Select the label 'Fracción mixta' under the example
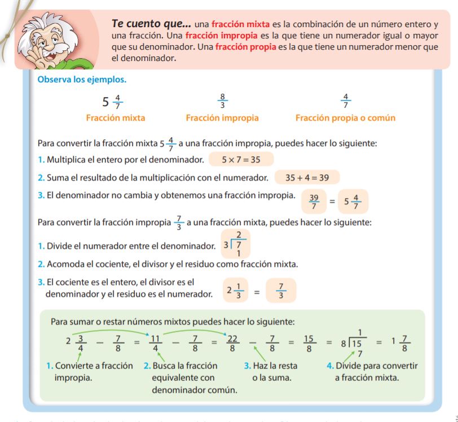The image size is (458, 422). click(x=115, y=118)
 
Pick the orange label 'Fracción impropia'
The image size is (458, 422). click(x=222, y=118)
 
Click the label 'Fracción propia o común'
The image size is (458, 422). click(x=345, y=118)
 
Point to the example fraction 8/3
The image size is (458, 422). click(x=222, y=102)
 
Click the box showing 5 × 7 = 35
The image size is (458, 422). click(x=241, y=160)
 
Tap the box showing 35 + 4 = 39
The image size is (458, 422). click(x=307, y=177)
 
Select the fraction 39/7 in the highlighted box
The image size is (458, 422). click(x=314, y=200)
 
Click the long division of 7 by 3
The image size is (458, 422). click(x=236, y=244)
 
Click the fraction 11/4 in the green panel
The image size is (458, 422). click(x=156, y=343)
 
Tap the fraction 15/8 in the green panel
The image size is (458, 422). click(x=309, y=343)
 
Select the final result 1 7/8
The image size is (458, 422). click(x=400, y=343)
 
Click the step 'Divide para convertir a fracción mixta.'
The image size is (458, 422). click(x=372, y=371)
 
